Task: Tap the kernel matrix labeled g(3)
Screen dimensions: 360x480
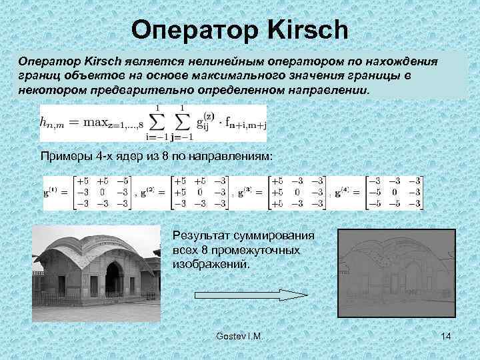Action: tap(297, 193)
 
